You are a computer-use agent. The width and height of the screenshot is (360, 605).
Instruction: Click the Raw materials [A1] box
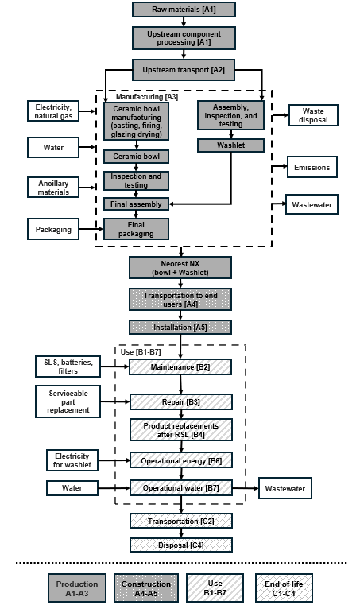tap(183, 10)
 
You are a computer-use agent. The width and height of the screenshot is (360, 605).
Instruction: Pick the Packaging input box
tap(53, 230)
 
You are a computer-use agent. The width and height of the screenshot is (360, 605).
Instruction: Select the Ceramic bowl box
tap(136, 157)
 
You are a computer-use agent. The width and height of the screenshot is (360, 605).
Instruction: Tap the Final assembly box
tap(136, 204)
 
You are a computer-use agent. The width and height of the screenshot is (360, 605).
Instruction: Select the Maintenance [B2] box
tap(181, 366)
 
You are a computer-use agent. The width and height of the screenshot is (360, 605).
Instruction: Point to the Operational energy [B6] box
tap(181, 460)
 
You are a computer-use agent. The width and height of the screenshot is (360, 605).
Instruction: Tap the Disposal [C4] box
tap(181, 545)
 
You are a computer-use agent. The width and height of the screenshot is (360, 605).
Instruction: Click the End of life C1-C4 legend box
tap(284, 588)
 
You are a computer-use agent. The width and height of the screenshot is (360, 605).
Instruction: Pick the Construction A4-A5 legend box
tap(146, 588)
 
